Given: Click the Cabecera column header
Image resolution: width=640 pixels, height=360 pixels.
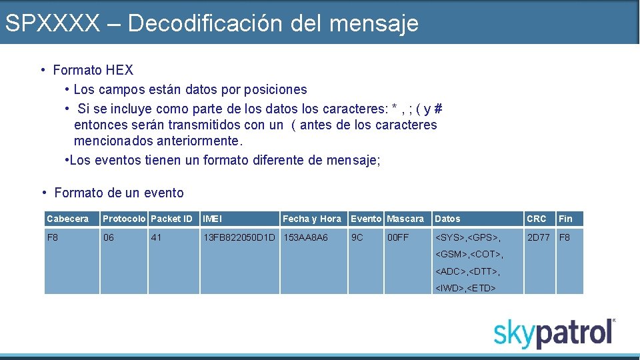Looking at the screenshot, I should tap(67, 219).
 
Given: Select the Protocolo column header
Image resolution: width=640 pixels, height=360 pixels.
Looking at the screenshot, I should tap(124, 219).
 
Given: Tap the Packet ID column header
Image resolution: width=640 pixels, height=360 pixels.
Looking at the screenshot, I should tap(171, 219).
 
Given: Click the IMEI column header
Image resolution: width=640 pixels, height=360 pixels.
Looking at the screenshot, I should tap(213, 219).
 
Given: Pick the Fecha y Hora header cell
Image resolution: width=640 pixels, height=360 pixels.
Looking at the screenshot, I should tap(311, 219).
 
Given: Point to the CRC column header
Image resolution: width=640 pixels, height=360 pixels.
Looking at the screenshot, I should tap(536, 219).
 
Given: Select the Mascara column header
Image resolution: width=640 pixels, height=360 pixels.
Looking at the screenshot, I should tap(405, 219).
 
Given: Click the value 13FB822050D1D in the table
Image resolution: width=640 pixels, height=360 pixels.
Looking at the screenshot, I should tap(239, 237).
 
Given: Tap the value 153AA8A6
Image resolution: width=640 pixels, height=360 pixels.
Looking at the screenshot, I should tap(305, 237).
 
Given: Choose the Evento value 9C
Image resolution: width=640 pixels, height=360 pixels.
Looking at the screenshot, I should tap(357, 237).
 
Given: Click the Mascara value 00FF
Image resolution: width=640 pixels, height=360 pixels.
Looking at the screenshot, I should tap(398, 237).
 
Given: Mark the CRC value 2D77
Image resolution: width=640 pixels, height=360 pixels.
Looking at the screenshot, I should tap(539, 237).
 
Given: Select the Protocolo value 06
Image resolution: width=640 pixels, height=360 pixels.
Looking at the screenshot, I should tap(108, 237).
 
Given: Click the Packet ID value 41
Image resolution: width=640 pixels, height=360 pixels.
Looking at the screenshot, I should tap(156, 237).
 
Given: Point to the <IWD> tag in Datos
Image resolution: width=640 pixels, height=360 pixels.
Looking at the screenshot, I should tap(450, 289).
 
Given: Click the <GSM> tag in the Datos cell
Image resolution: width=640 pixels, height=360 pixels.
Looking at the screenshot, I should tap(451, 254).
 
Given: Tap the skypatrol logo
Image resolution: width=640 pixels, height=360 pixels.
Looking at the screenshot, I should tap(554, 333).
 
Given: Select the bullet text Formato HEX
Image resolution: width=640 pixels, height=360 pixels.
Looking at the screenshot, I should tap(93, 70).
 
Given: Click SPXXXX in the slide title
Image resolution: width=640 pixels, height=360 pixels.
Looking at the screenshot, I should tap(51, 23).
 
